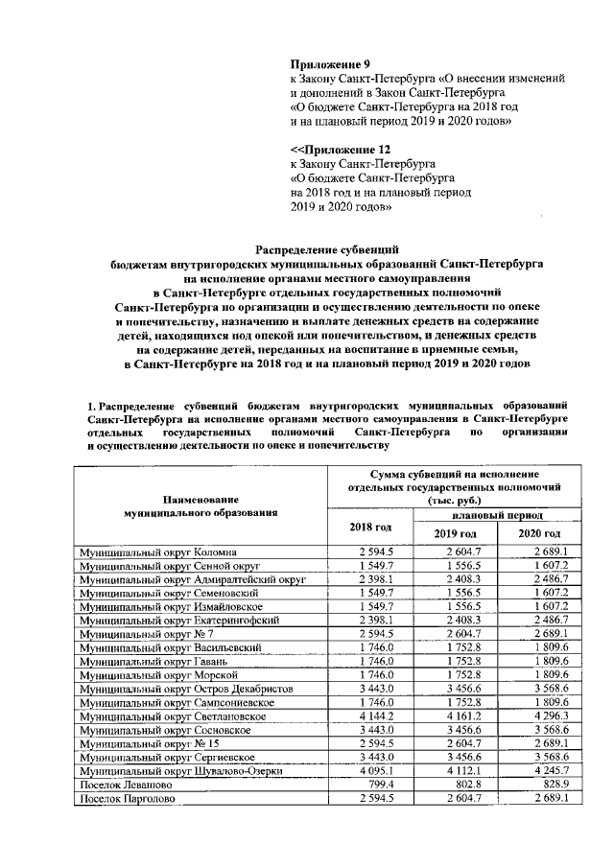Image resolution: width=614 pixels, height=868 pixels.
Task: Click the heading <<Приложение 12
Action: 341,151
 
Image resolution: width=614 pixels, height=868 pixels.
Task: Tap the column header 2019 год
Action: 455,533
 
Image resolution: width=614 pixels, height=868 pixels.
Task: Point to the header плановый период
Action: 495,515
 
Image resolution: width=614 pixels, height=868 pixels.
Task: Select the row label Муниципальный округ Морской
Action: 153,675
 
